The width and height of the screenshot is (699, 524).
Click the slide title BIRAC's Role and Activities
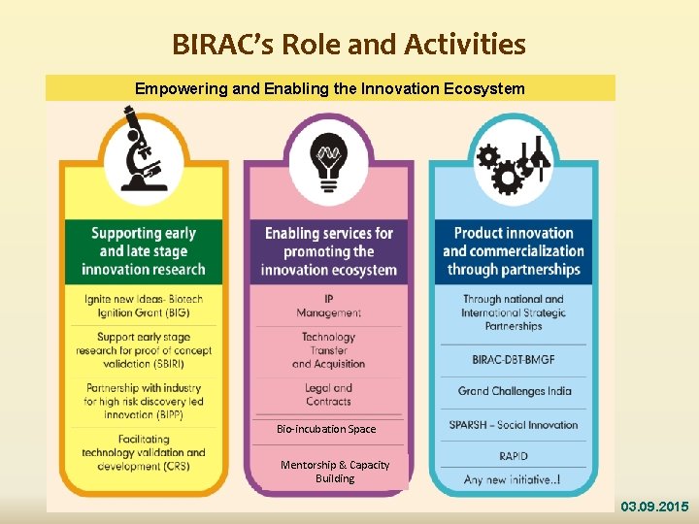click(349, 45)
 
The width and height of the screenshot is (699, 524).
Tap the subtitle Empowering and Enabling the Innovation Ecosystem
click(330, 89)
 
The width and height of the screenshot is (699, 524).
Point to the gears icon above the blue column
click(513, 164)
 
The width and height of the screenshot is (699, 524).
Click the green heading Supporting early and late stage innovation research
click(144, 251)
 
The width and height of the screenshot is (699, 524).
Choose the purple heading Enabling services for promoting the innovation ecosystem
click(328, 251)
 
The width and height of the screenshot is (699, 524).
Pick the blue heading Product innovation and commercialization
click(513, 251)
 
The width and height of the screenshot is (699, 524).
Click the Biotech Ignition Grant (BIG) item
click(144, 305)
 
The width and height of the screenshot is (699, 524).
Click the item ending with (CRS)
click(144, 452)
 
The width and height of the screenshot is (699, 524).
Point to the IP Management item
click(328, 306)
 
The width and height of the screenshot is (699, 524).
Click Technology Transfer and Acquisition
click(328, 350)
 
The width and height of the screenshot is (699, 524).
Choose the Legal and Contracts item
click(328, 394)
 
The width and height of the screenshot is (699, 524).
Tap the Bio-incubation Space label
click(326, 429)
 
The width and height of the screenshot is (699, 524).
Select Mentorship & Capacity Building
click(335, 472)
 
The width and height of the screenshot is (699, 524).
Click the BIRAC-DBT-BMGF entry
click(514, 360)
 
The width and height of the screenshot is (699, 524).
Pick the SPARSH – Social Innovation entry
click(514, 424)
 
